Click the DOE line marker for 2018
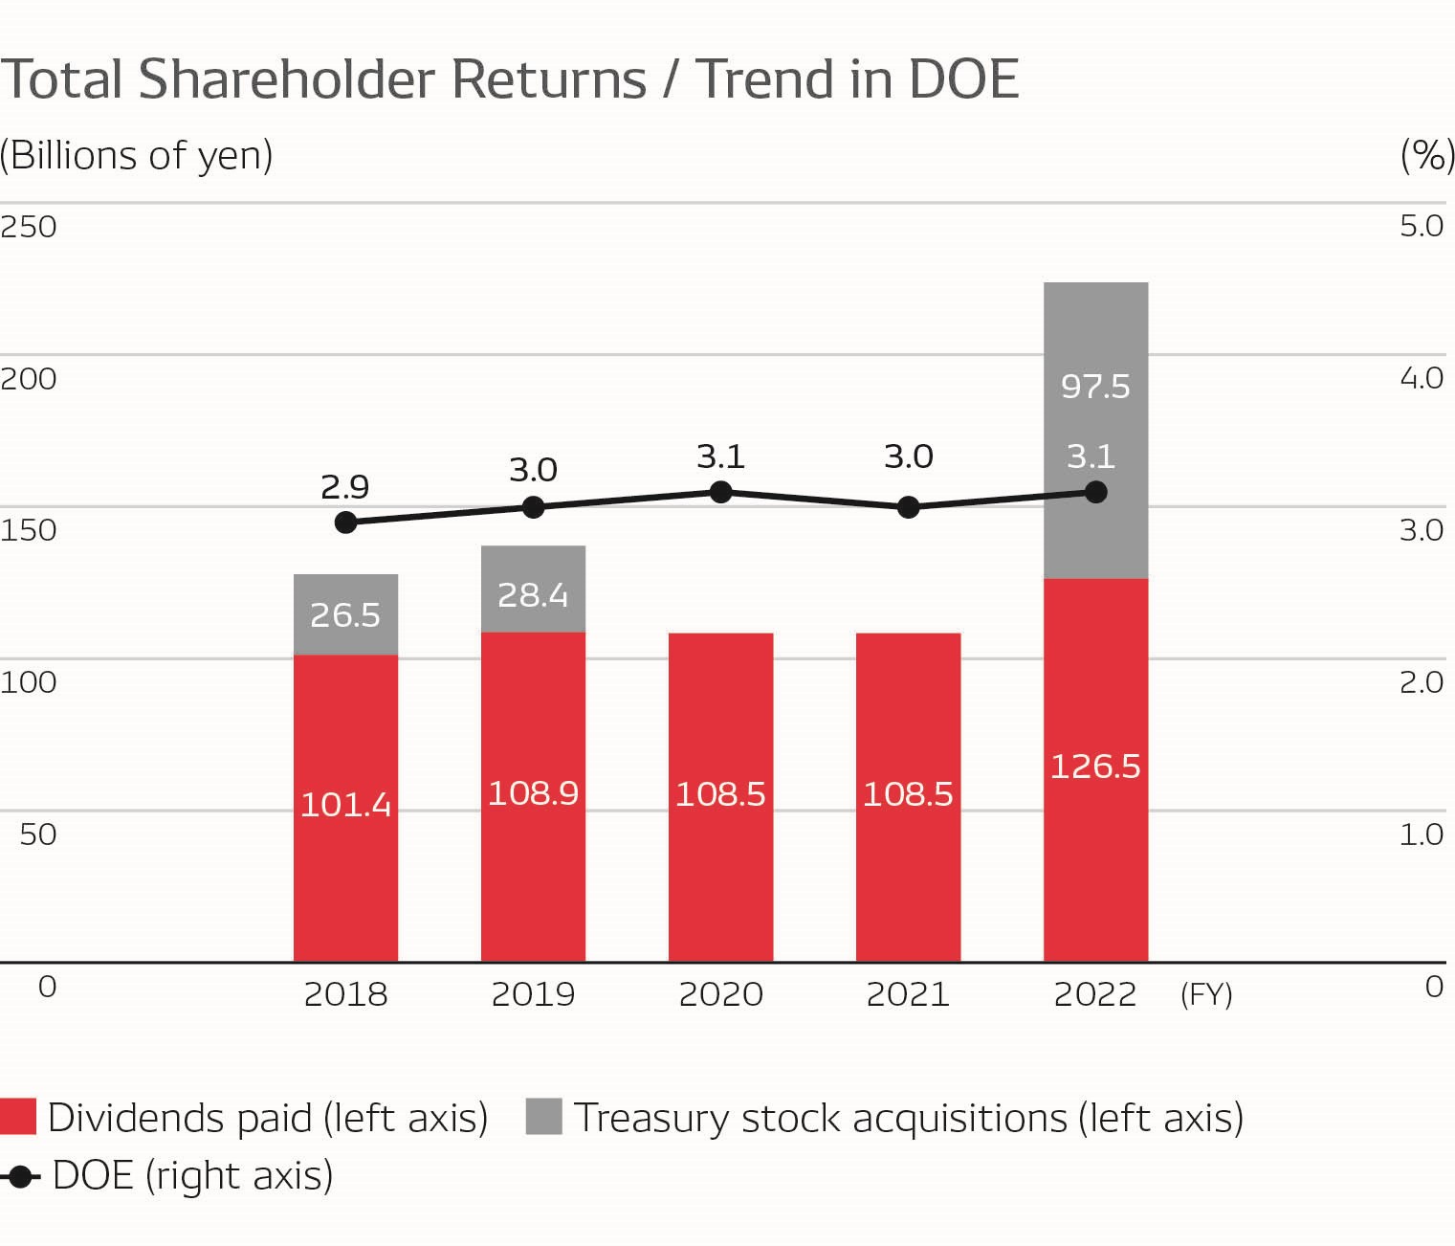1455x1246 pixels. [346, 523]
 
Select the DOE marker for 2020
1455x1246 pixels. [721, 492]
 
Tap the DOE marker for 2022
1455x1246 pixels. [1096, 492]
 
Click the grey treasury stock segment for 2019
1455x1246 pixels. [533, 590]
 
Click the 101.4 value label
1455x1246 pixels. [345, 805]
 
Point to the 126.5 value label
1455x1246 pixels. [1095, 767]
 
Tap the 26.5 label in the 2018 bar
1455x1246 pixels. [345, 614]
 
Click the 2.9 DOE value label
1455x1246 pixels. [345, 487]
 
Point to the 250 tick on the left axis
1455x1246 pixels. [29, 227]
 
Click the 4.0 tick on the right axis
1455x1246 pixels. [1422, 378]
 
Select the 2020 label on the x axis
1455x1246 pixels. [720, 994]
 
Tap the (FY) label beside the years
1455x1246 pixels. [1206, 995]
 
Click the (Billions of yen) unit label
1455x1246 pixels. [137, 155]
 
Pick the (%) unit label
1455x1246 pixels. [1427, 155]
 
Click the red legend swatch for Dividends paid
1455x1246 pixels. [18, 1117]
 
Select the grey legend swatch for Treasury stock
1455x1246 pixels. [543, 1117]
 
